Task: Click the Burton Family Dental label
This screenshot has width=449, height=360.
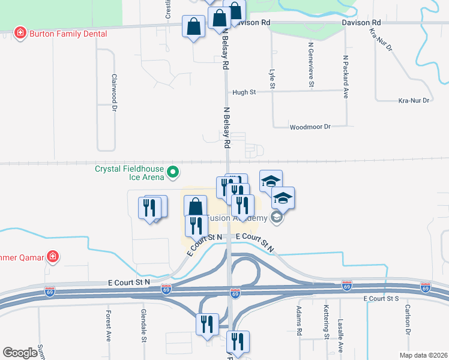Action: coord(68,34)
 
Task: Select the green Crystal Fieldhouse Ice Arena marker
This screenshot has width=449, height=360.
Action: coord(173,173)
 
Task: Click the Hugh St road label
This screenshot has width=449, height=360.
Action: coord(244,92)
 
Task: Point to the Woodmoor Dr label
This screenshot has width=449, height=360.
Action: coord(310,127)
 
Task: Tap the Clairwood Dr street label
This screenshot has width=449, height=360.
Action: coord(113,93)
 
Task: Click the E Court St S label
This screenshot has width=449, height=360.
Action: coord(381,298)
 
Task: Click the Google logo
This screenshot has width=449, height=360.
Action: coord(20,353)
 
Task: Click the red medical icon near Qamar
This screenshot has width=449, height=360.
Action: coord(53,257)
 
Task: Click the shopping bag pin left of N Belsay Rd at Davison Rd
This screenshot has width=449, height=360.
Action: coord(193,26)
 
